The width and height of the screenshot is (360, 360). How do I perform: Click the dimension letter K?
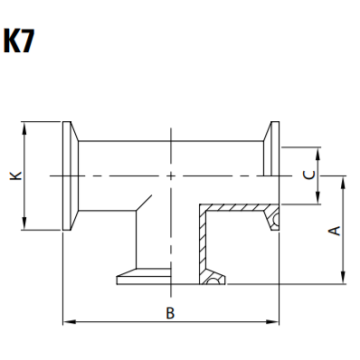pos(13,176)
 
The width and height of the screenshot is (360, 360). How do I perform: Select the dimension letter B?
pos(170,313)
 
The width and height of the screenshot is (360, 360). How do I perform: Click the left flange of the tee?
pos(71,176)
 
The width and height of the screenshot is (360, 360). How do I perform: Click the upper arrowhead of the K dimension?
pos(25,126)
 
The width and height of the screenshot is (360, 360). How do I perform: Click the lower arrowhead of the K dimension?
pos(25,224)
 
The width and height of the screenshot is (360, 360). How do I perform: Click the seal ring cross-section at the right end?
pos(272,217)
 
